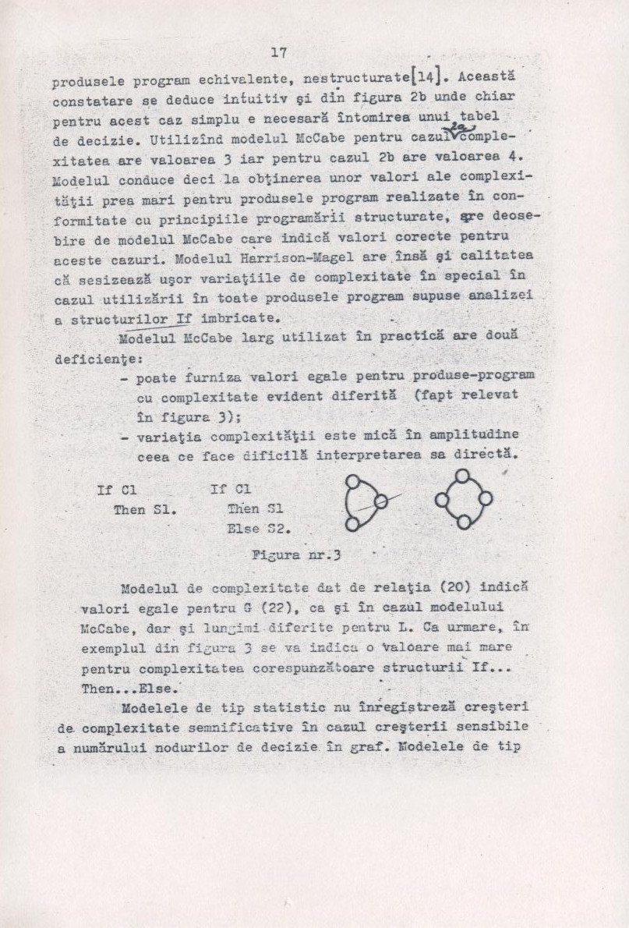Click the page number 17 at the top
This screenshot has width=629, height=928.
279,53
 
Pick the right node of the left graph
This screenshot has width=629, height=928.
380,502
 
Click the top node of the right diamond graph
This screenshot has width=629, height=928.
462,475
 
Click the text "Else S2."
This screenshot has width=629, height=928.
255,528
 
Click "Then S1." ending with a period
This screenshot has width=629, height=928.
145,510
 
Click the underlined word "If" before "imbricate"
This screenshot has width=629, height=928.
184,318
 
